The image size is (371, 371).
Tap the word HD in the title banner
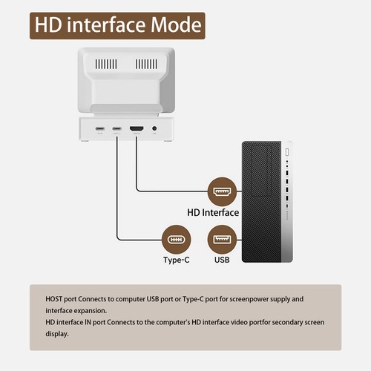50,25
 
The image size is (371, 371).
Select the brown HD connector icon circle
220,191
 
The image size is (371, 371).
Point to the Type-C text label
177,260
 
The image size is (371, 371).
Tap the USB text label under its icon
222,260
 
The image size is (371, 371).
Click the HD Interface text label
213,213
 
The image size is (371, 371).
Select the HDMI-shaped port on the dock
137,129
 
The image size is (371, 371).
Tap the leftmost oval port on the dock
99,129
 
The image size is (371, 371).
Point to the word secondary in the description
253,322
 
